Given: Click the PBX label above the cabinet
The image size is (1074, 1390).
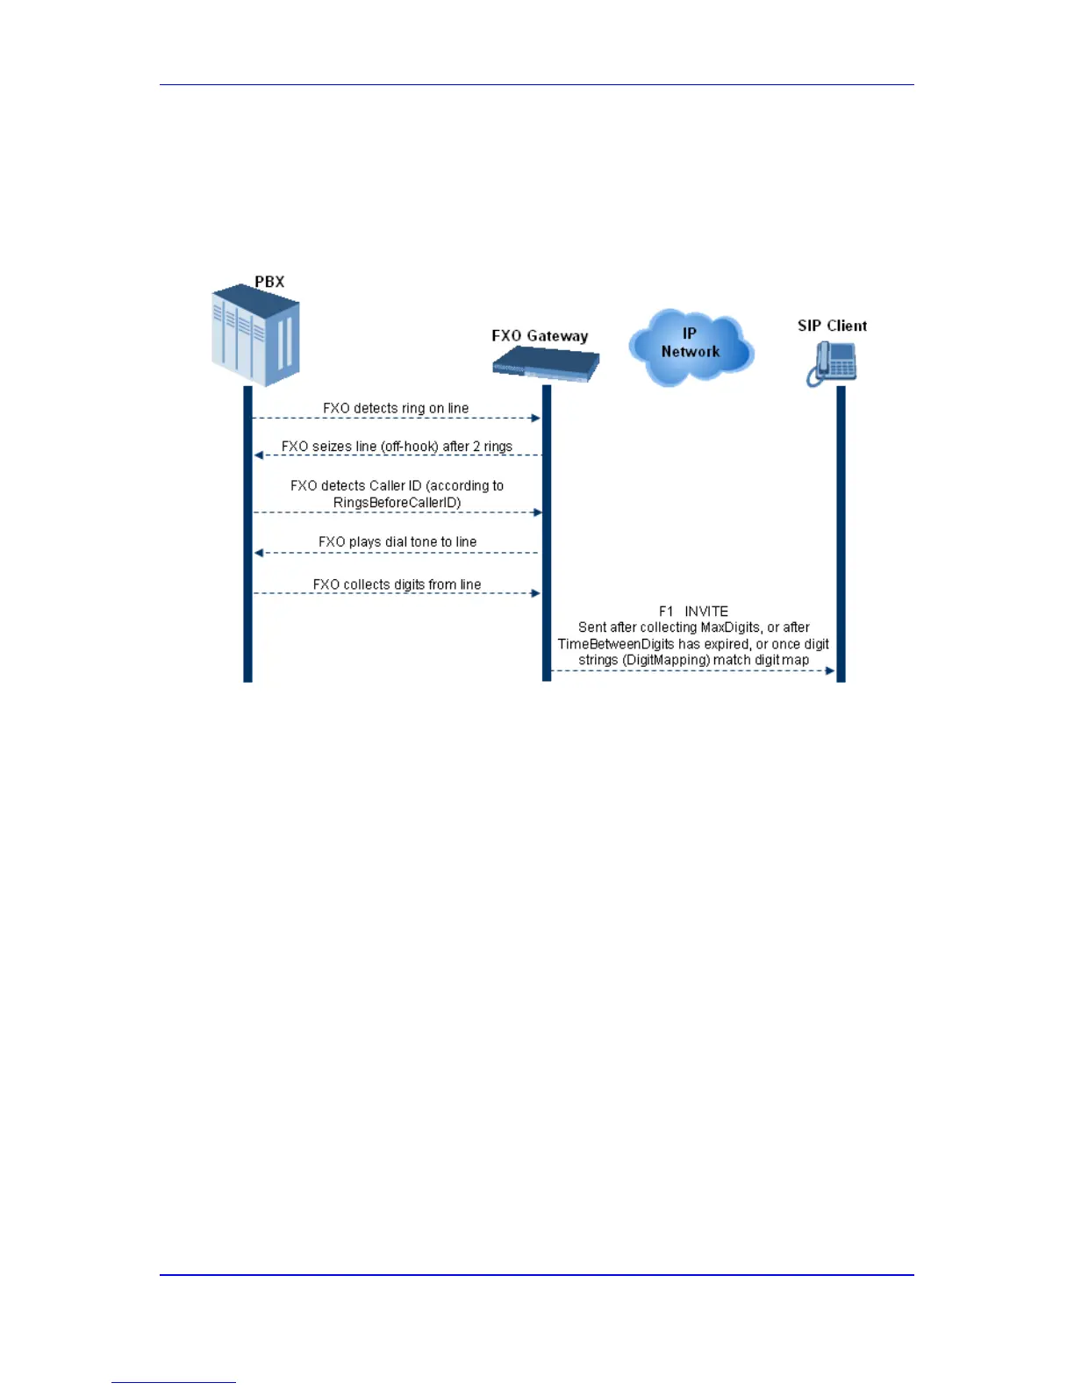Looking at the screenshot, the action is click(x=269, y=282).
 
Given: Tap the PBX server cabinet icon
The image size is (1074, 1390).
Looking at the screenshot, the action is click(x=255, y=335).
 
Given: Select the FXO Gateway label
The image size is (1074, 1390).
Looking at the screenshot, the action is click(x=540, y=336).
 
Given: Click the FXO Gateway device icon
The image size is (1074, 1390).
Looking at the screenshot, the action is click(x=546, y=362).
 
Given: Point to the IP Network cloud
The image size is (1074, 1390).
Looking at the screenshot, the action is click(x=691, y=347).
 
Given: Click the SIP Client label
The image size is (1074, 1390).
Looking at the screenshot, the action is click(x=832, y=326).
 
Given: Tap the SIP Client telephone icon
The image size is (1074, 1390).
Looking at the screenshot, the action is click(x=832, y=362).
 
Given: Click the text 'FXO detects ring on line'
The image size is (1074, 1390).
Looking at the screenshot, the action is click(x=396, y=408).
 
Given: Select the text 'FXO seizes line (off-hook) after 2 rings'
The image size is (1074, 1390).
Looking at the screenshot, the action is click(x=397, y=447).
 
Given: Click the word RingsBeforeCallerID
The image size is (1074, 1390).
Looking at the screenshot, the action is click(x=397, y=503).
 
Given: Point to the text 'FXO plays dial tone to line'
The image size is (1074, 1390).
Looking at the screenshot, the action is click(x=397, y=542).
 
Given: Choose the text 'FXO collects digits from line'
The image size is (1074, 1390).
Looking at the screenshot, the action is click(x=397, y=584).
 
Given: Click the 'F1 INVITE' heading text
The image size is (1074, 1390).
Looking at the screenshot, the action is click(x=693, y=611).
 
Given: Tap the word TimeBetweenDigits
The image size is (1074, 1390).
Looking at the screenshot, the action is click(x=616, y=644).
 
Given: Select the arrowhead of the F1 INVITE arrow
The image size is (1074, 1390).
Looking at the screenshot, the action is click(x=830, y=671).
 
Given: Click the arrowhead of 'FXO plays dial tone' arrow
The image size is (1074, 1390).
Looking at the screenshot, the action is click(x=259, y=553).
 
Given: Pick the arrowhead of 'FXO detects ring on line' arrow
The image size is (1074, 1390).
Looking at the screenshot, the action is click(x=536, y=418).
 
